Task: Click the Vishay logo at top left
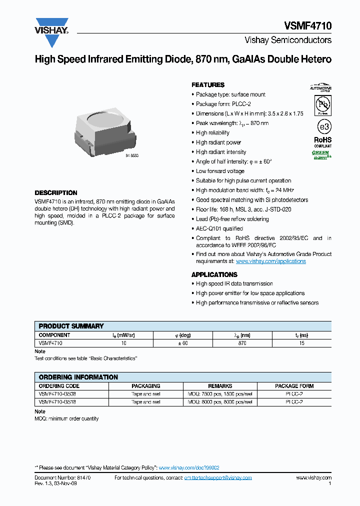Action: (x=51, y=26)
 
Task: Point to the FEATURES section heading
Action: (x=208, y=85)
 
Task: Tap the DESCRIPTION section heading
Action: (x=56, y=192)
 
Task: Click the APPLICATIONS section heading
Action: (x=214, y=274)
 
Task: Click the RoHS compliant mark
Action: (x=322, y=142)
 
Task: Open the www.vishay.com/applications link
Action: (x=270, y=261)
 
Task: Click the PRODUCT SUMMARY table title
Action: (x=71, y=325)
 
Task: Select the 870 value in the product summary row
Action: (x=242, y=343)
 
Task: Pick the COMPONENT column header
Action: (x=54, y=335)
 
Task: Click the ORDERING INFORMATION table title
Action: (x=78, y=377)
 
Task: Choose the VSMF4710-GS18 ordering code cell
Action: (x=57, y=401)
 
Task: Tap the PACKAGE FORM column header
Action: (x=294, y=386)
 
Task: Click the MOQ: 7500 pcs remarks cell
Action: (x=220, y=394)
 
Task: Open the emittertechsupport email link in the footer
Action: (x=218, y=477)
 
